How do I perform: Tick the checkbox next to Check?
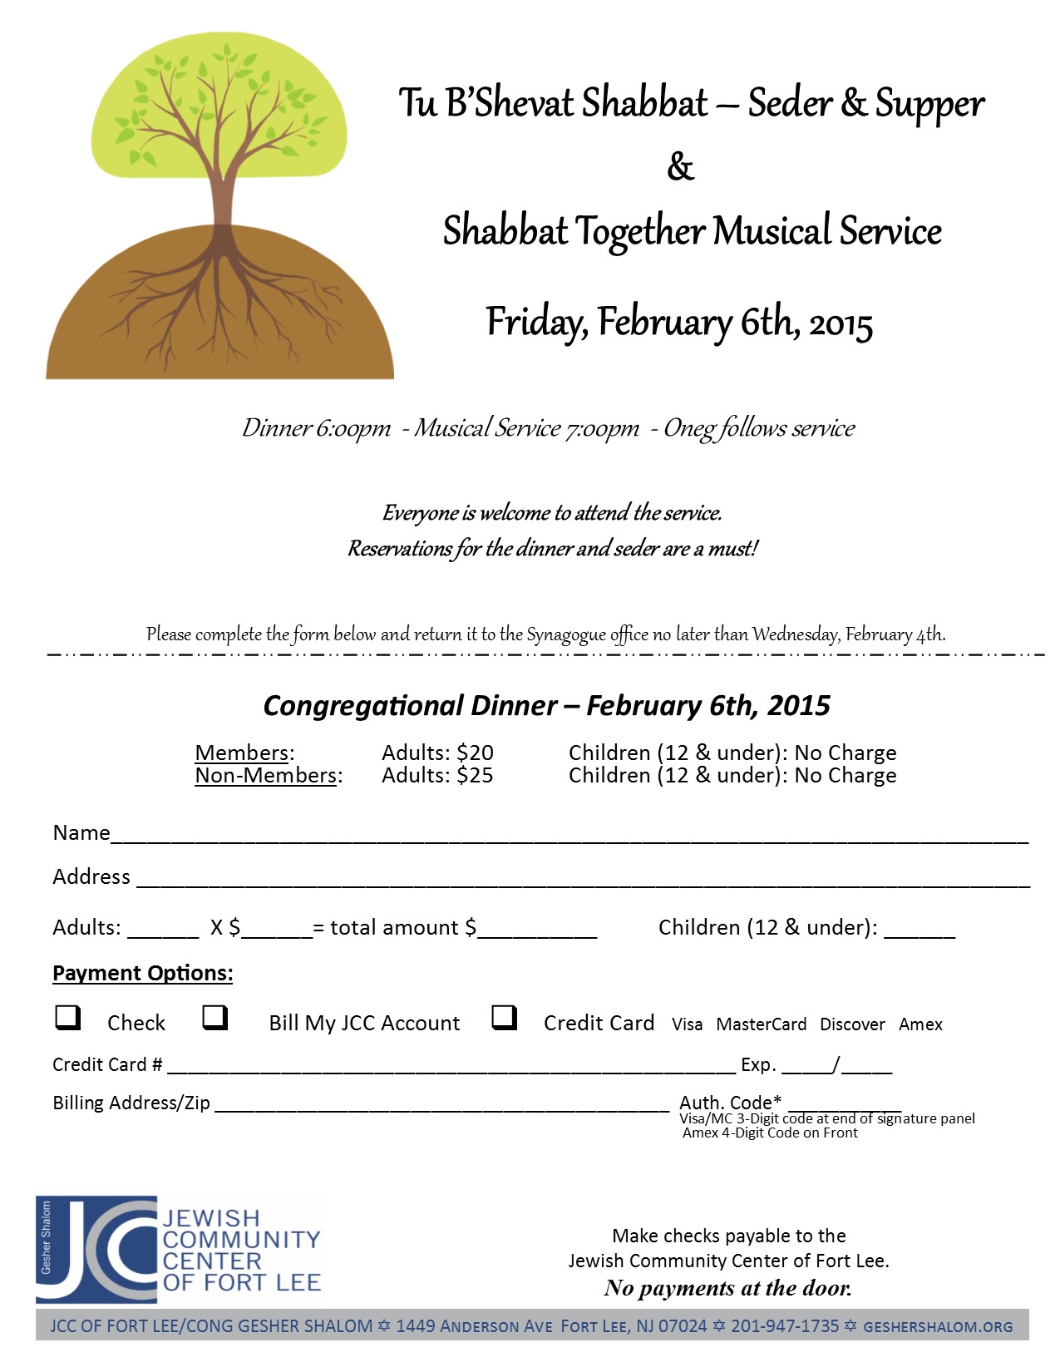pyautogui.click(x=67, y=1017)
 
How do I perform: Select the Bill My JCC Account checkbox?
pyautogui.click(x=214, y=1017)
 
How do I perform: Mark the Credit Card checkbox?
pyautogui.click(x=504, y=1017)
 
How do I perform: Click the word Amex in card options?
pyautogui.click(x=920, y=1024)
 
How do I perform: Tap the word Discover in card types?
pyautogui.click(x=852, y=1024)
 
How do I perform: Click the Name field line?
pyautogui.click(x=569, y=838)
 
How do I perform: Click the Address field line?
pyautogui.click(x=582, y=882)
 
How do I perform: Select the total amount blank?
pyautogui.click(x=538, y=931)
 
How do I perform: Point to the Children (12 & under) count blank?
pyautogui.click(x=919, y=931)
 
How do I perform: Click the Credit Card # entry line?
pyautogui.click(x=451, y=1068)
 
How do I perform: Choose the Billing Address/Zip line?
pyautogui.click(x=441, y=1107)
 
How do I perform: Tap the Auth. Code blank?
pyautogui.click(x=844, y=1106)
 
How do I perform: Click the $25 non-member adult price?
pyautogui.click(x=475, y=776)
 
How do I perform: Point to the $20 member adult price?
pyautogui.click(x=475, y=753)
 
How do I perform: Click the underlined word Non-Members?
pyautogui.click(x=266, y=776)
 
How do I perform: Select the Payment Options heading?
pyautogui.click(x=142, y=974)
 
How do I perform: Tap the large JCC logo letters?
pyautogui.click(x=98, y=1250)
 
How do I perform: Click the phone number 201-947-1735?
pyautogui.click(x=784, y=1326)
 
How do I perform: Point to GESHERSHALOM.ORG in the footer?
pyautogui.click(x=938, y=1327)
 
